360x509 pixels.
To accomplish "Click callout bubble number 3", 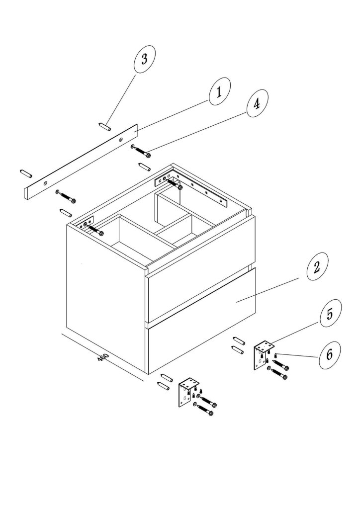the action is [145, 59].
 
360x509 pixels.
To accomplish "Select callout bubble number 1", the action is [219, 91].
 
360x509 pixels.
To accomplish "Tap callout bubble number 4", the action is [258, 103].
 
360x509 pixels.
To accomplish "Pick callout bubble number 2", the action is [317, 266].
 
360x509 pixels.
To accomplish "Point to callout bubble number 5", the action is [331, 313].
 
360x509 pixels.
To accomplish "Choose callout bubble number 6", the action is [330, 355].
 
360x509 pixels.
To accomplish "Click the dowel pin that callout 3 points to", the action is [104, 126].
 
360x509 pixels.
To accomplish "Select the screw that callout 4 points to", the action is [141, 151].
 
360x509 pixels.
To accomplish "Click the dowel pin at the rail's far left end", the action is [26, 173].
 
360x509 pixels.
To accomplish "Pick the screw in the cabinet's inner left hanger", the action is [95, 229].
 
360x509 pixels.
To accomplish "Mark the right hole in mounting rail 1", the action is [121, 140].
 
